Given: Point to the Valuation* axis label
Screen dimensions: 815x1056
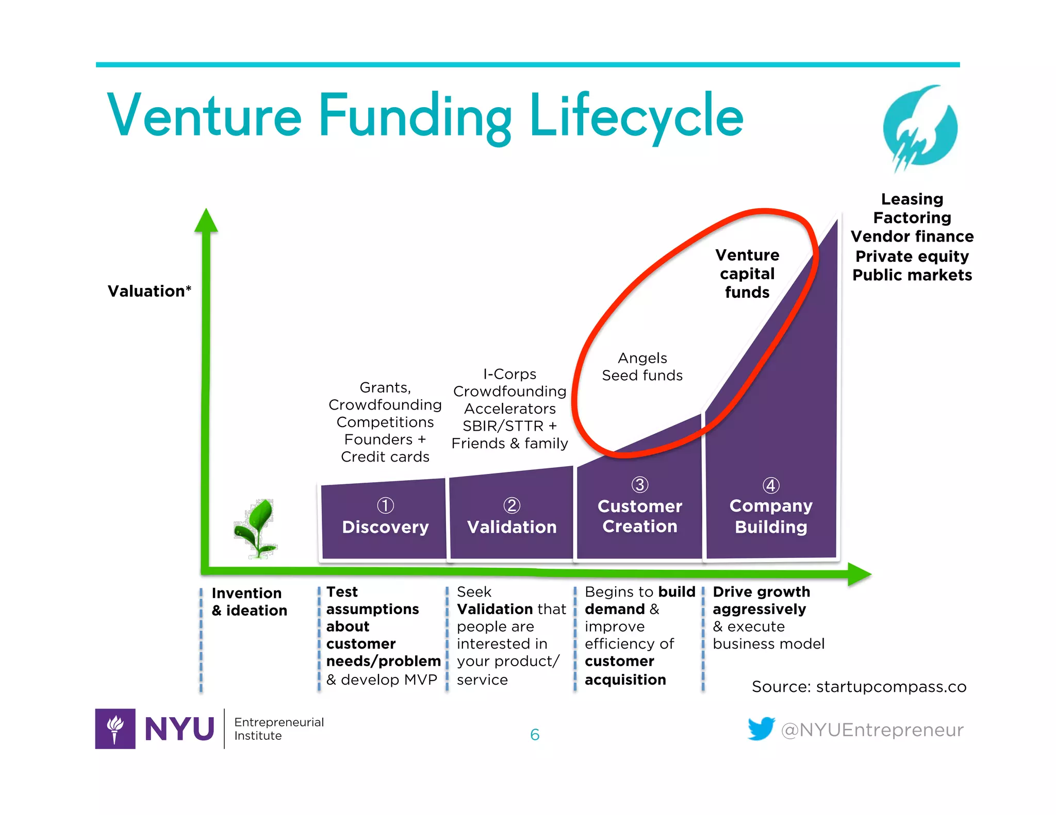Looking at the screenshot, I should (149, 291).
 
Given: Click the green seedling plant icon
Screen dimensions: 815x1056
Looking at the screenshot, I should (256, 528).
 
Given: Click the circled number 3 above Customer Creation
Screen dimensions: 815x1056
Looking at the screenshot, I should (639, 485).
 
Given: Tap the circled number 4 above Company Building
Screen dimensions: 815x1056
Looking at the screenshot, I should (770, 485).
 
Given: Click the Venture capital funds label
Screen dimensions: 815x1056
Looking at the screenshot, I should (747, 274).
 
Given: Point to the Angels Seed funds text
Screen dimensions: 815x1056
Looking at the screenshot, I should (642, 367).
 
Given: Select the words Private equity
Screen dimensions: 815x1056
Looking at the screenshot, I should (912, 256).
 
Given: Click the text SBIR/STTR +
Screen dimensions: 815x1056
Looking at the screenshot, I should (509, 426).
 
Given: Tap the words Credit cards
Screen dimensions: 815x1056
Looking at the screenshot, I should (385, 457).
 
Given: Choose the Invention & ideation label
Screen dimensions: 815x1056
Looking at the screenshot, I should (249, 602).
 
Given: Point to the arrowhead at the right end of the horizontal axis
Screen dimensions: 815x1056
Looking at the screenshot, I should (859, 573).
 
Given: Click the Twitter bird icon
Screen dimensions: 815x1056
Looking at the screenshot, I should (761, 728).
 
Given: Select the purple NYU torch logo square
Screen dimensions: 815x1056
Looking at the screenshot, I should (115, 728).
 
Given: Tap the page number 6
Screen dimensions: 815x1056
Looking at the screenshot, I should (535, 735).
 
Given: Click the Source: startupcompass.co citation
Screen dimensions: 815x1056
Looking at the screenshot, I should (859, 687).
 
